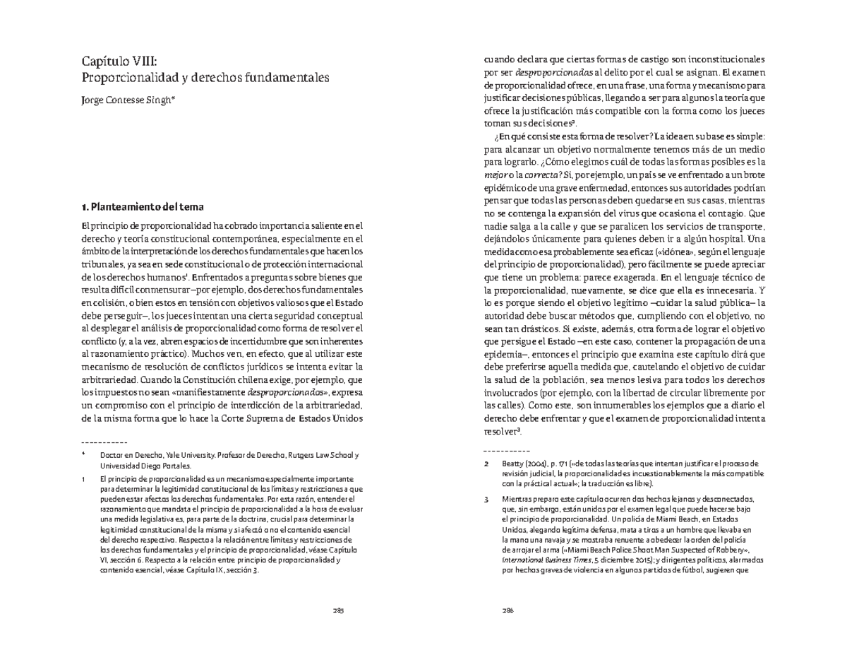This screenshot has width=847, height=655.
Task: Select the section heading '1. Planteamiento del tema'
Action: [x=143, y=207]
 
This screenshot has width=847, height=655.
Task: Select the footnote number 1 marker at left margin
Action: [x=83, y=479]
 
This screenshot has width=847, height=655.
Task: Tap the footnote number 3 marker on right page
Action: [x=486, y=499]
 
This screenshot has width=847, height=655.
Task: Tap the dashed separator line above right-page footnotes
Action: [x=506, y=451]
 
